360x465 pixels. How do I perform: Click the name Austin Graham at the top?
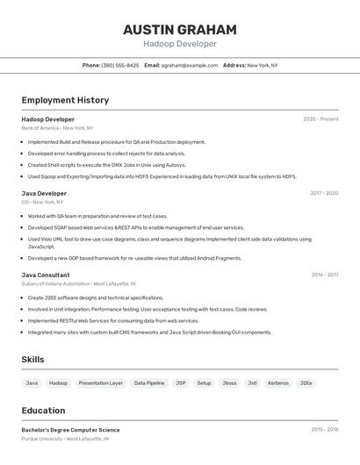point(179,30)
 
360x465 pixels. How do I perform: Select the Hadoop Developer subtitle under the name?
point(179,44)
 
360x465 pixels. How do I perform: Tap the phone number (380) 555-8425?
point(120,65)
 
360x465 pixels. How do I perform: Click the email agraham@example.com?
point(189,65)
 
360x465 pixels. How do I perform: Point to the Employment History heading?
point(65,100)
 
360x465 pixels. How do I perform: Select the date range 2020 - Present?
point(320,119)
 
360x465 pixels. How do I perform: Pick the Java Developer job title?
point(44,193)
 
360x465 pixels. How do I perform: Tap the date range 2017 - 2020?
point(323,193)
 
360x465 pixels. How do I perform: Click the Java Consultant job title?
point(46,275)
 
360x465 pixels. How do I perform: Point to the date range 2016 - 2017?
point(324,275)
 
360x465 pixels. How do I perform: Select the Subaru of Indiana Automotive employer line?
point(78,283)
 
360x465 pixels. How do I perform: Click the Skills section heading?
point(32,360)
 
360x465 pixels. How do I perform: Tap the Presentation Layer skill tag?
point(100,383)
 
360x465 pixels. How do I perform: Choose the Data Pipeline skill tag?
point(148,383)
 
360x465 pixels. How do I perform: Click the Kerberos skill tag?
point(277,383)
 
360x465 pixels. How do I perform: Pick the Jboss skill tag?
point(228,383)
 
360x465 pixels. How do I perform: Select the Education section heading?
point(43,411)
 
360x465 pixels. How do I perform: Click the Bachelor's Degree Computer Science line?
point(70,430)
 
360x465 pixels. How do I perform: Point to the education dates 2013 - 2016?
point(324,430)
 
